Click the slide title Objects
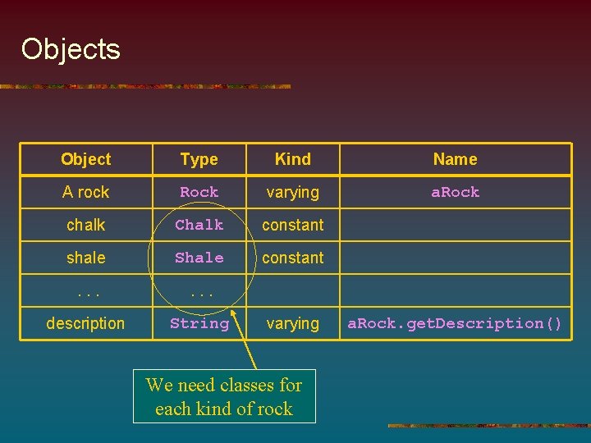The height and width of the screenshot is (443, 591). [x=71, y=49]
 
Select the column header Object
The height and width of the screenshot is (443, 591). [x=85, y=159]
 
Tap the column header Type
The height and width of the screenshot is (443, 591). [x=199, y=159]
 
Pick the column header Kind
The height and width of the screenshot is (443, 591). [x=293, y=159]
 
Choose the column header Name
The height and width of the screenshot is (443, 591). [x=455, y=159]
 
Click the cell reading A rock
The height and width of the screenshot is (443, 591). [x=85, y=192]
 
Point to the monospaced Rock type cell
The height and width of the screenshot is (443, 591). [x=199, y=192]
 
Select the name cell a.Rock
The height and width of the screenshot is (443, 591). [x=455, y=192]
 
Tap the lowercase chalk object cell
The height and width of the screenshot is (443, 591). [x=85, y=225]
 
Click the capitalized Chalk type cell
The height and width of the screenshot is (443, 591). [x=199, y=225]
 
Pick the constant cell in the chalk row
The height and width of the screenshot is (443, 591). [x=293, y=225]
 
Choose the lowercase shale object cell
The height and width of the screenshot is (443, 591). [x=85, y=258]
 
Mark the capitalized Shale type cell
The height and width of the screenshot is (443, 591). [x=199, y=258]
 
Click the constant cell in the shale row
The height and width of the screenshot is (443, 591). [x=293, y=258]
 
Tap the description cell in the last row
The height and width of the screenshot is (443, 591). [x=85, y=323]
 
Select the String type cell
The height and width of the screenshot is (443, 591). [x=199, y=323]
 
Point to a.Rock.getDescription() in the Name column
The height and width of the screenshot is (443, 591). [x=455, y=323]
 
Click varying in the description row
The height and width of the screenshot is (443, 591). [x=293, y=323]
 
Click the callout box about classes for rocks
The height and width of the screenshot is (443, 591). [x=224, y=396]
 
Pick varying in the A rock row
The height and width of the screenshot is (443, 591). [x=293, y=192]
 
